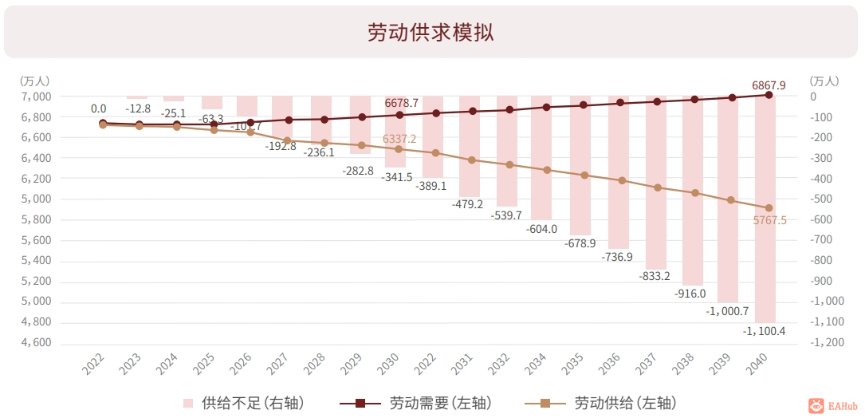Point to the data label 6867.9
tap(769, 85)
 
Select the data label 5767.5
tap(769, 220)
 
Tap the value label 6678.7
tap(401, 103)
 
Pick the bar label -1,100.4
tap(764, 331)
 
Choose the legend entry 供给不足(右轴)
tap(244, 403)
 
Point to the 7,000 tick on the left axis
tap(35, 97)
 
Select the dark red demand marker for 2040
tap(769, 95)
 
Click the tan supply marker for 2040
tap(769, 208)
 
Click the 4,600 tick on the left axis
tap(35, 342)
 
